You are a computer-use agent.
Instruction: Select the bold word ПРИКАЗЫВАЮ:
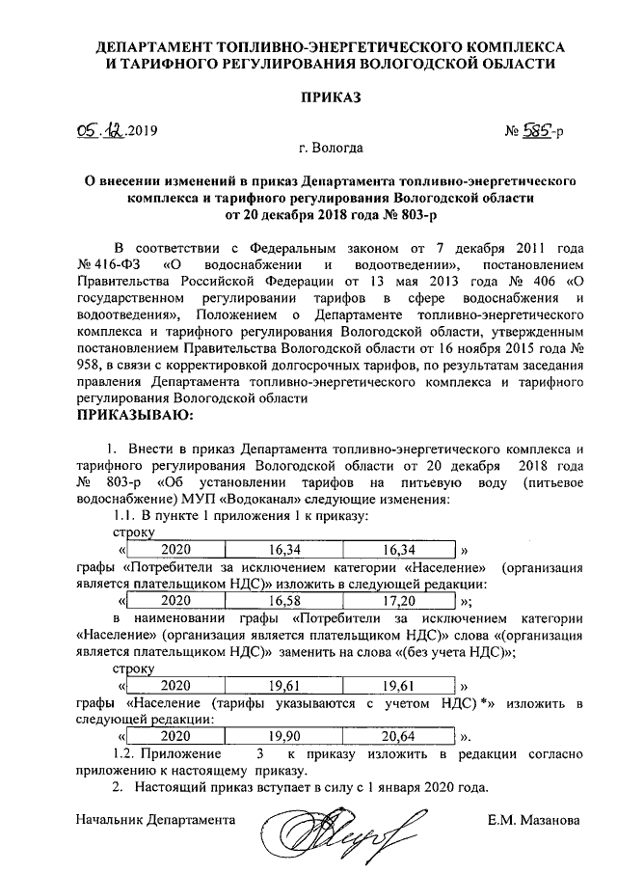pos(134,416)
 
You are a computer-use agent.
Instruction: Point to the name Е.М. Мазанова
pos(534,821)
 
